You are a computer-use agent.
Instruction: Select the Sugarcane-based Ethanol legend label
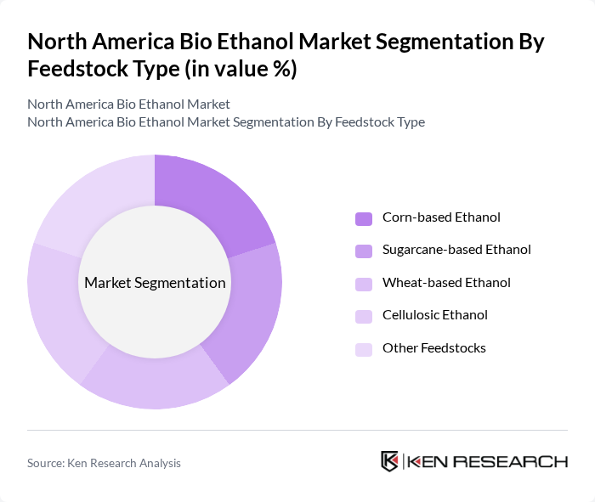click(x=456, y=250)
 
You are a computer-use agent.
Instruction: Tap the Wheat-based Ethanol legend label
click(x=446, y=282)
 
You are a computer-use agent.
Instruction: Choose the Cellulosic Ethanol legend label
click(x=434, y=315)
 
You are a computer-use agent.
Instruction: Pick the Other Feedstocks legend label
click(x=433, y=347)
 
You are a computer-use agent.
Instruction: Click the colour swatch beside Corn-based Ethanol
click(x=364, y=218)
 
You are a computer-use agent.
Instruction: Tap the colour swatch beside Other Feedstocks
click(x=364, y=348)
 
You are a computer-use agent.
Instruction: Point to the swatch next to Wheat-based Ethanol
click(x=364, y=283)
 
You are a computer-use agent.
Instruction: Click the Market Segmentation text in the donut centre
click(x=155, y=283)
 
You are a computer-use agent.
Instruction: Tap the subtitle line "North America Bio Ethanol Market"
click(x=128, y=104)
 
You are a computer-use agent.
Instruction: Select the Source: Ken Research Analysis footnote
click(x=104, y=463)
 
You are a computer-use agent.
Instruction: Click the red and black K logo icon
click(x=390, y=461)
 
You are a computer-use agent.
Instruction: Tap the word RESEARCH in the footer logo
click(x=519, y=462)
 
